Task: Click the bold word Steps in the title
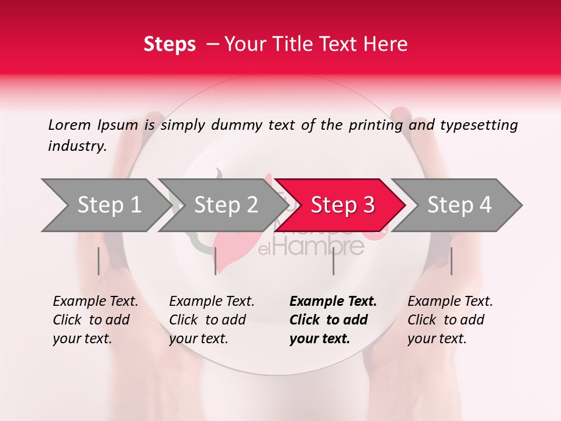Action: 169,44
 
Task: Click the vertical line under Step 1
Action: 99,261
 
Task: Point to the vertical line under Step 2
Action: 216,261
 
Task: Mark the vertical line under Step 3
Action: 333,261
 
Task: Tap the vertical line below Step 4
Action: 451,261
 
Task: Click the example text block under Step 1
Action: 95,320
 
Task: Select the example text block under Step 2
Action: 212,320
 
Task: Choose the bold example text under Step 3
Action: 333,320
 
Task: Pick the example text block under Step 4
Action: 450,320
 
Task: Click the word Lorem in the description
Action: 69,125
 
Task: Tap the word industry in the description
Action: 77,146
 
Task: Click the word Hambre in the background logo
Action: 318,247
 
